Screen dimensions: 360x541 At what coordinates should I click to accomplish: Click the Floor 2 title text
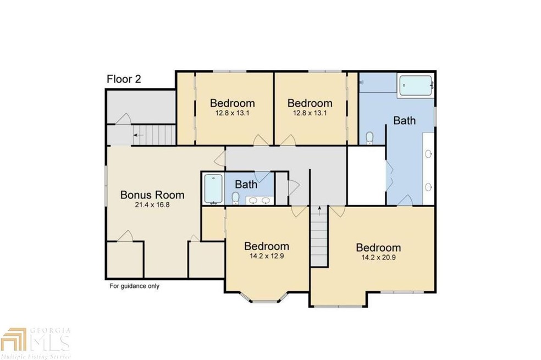pos(124,79)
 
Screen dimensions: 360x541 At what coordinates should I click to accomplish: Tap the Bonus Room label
pos(152,195)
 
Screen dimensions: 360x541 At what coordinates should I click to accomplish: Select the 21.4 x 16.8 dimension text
pos(152,205)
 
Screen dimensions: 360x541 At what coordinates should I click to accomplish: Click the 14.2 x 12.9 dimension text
pos(267,256)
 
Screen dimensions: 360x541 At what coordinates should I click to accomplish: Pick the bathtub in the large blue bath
pos(416,86)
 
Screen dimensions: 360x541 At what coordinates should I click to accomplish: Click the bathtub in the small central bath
pos(212,189)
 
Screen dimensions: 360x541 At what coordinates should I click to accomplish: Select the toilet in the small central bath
pos(235,197)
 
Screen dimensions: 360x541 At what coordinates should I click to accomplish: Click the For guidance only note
pos(134,286)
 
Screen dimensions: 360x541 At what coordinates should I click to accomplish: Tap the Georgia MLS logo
pos(36,339)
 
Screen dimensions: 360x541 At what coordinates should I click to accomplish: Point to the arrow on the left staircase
pos(137,135)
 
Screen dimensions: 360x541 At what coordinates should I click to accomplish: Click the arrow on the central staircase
pos(319,210)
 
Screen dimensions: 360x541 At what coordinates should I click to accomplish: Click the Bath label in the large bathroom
pos(404,120)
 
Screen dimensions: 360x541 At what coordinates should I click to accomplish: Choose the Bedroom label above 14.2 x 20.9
pos(378,247)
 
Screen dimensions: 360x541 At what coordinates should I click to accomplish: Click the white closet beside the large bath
pos(366,175)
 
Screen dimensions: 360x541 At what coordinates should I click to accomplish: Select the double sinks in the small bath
pos(259,200)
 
